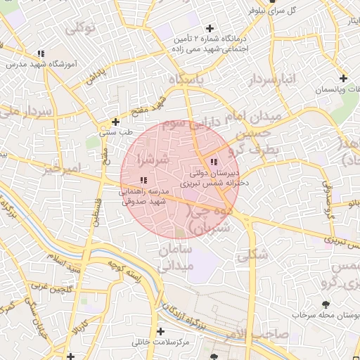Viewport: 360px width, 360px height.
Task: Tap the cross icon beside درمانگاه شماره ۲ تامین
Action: click(x=209, y=29)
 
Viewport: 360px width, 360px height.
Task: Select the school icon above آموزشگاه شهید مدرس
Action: click(x=41, y=53)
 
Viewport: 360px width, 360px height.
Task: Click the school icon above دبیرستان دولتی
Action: click(x=214, y=162)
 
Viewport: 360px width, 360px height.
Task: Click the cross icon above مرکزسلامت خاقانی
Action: click(x=161, y=331)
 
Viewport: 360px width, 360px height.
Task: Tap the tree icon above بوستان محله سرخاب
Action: click(x=325, y=304)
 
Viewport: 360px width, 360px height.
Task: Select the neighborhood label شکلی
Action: click(x=253, y=256)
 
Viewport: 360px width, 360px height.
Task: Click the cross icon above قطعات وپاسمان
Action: click(x=342, y=79)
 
